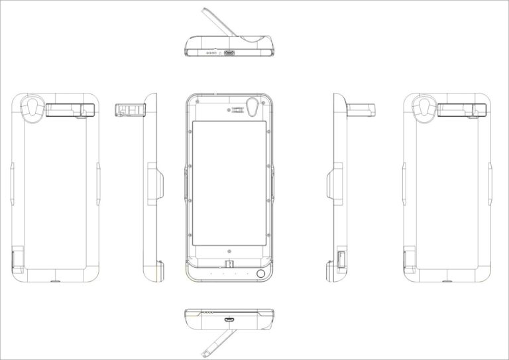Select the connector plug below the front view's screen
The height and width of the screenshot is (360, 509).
pyautogui.click(x=229, y=264)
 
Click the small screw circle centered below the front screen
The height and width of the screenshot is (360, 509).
pyautogui.click(x=229, y=253)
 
